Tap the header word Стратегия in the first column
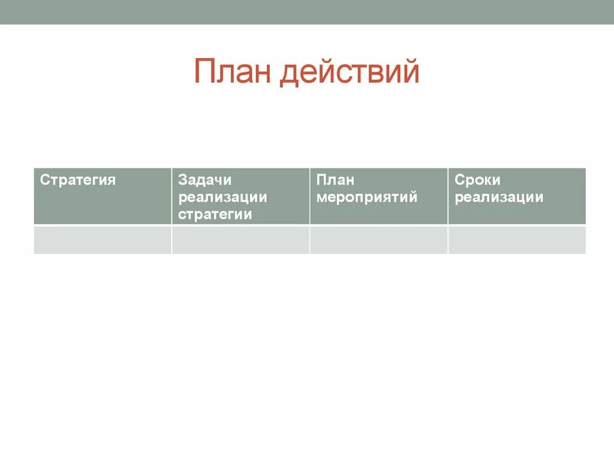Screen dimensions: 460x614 pos(77,180)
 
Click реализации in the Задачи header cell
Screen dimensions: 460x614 pos(222,197)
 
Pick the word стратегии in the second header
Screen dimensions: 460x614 pos(215,214)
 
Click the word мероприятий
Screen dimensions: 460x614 pos(366,197)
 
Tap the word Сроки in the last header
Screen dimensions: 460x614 pos(477,180)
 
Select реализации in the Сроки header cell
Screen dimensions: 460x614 pos(499,197)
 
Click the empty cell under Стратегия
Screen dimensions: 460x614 pos(103,240)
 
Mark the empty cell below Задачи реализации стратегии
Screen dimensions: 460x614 pos(240,240)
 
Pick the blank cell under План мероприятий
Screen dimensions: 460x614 pos(378,240)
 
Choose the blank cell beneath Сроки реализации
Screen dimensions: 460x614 pos(517,240)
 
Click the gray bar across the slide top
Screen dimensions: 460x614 pos(307,12)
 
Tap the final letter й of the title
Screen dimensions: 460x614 pos(410,72)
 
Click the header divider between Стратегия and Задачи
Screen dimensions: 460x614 pos(171,196)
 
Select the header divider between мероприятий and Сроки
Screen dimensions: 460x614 pos(447,196)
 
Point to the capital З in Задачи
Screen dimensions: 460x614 pos(183,180)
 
